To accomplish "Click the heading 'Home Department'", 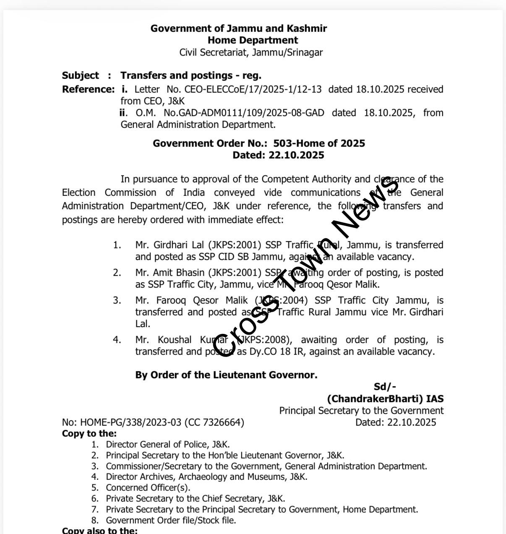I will (x=253, y=40).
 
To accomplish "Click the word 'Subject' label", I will (x=80, y=76).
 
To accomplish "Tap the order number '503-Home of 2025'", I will (x=319, y=143).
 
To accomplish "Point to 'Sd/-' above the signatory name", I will (x=385, y=387).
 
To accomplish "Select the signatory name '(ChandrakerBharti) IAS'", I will (x=385, y=399).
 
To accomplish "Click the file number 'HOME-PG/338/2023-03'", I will (x=131, y=422).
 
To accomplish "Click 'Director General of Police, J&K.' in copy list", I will (x=167, y=444).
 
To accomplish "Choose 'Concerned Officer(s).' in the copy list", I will (x=148, y=487).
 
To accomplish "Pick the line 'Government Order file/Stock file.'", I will (x=171, y=520).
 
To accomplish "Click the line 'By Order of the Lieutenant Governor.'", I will (x=226, y=375).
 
